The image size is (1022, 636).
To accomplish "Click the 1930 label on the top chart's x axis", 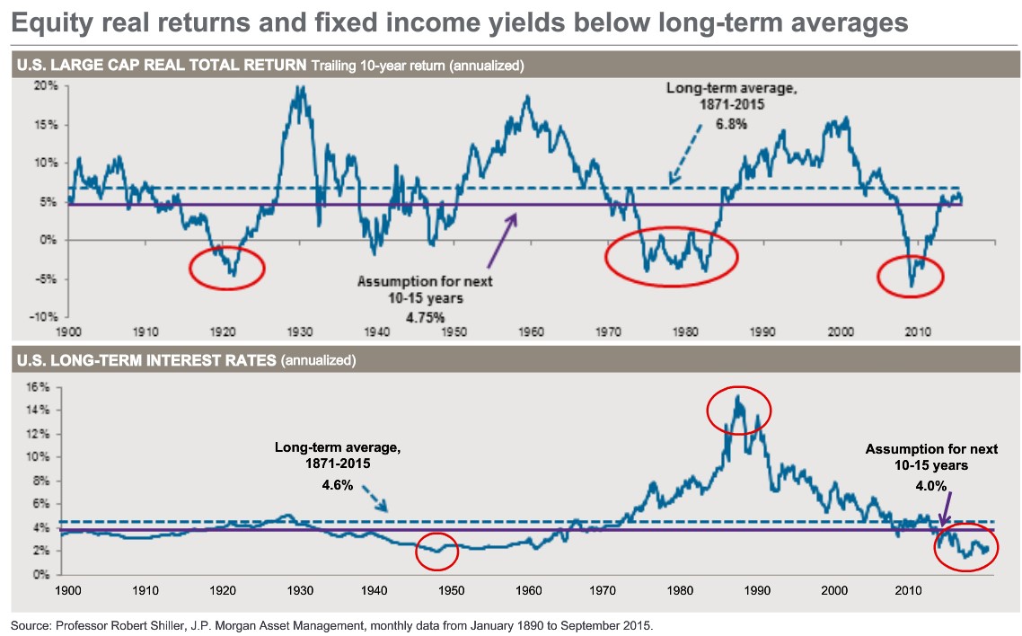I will click(x=299, y=332).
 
